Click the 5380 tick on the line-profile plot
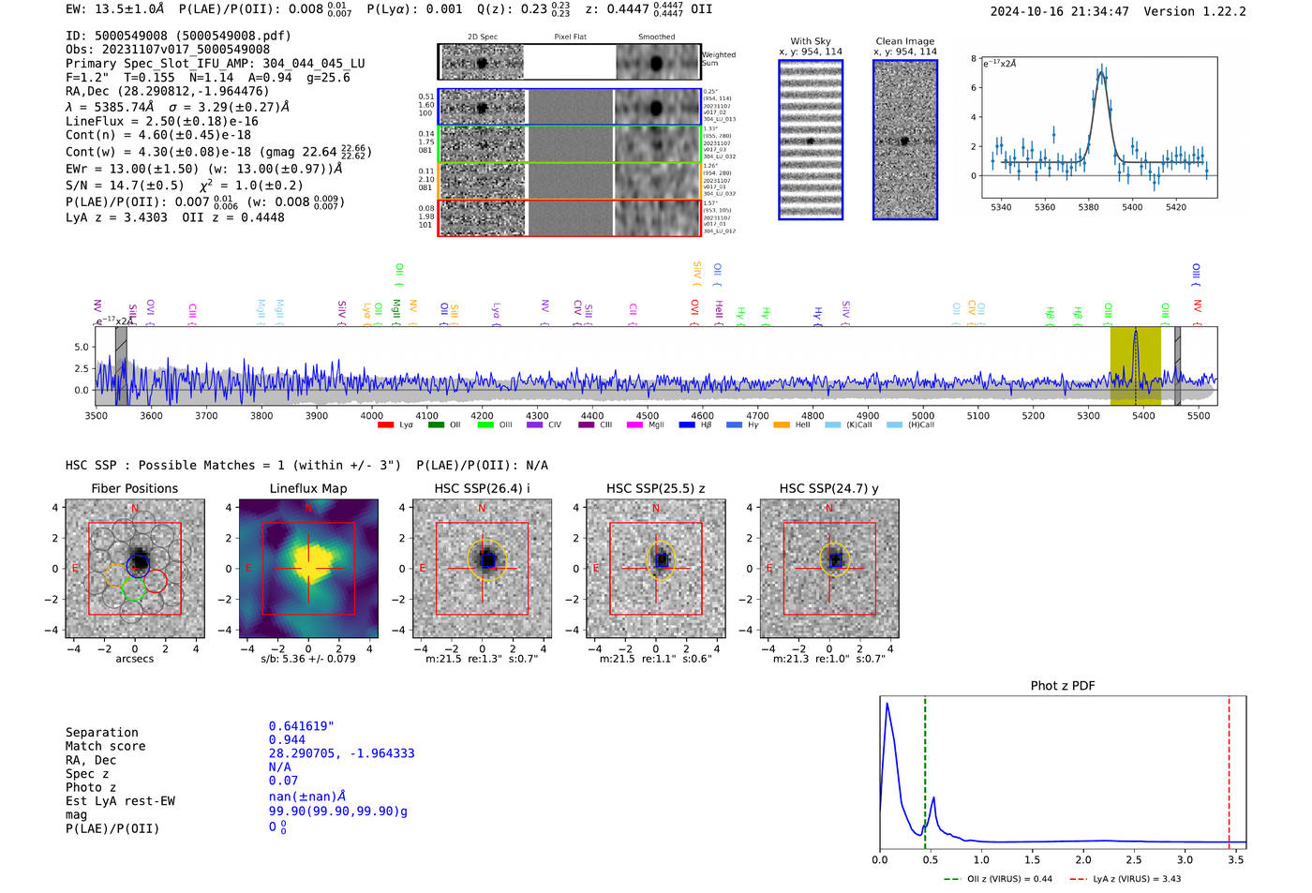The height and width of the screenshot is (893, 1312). pos(1088,207)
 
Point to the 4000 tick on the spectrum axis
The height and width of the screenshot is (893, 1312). pos(371,415)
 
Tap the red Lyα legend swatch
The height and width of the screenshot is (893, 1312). pos(385,425)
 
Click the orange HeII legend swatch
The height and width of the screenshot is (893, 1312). pos(781,425)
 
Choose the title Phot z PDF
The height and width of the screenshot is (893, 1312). pos(1063,686)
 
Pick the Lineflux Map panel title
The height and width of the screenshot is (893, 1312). pos(307,488)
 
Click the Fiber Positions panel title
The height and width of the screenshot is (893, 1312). pos(134,488)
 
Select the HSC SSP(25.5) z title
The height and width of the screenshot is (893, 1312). pos(655,488)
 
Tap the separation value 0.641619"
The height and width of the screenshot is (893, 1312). pos(301,726)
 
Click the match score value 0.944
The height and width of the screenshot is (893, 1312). pos(287,740)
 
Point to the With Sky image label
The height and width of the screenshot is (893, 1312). pos(810,41)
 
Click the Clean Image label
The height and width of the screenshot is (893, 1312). pos(904,41)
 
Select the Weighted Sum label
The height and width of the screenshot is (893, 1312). pos(719,59)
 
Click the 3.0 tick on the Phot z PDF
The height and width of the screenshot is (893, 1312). pos(1185,859)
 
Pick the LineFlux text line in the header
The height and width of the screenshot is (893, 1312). pos(161,121)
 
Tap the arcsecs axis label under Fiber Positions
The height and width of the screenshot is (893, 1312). pos(134,659)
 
